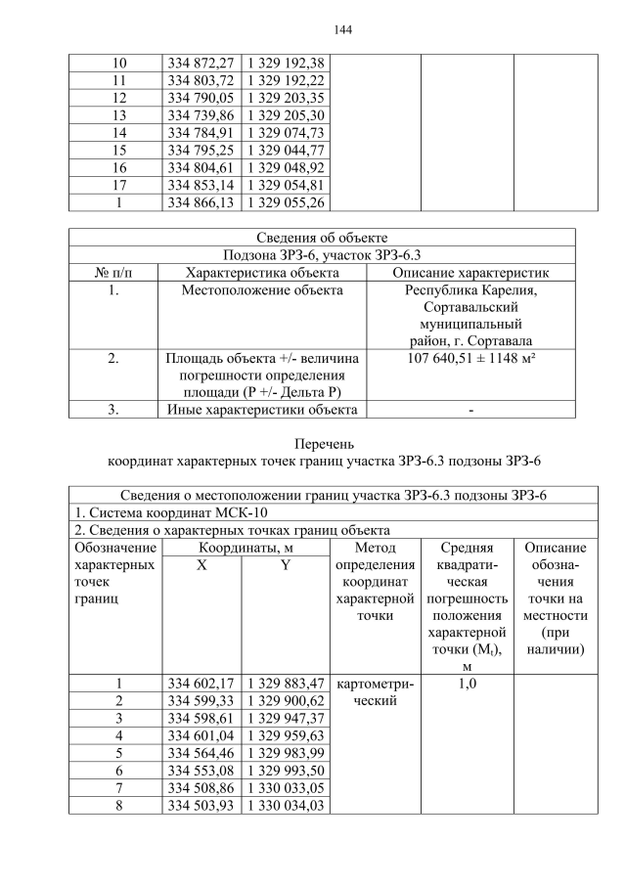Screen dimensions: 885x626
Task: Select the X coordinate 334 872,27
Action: coord(201,63)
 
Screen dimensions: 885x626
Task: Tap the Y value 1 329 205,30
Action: coord(285,115)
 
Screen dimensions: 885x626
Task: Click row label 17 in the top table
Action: coord(119,186)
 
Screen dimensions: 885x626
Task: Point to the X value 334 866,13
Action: coord(201,203)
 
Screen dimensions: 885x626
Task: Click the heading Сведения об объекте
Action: coord(322,238)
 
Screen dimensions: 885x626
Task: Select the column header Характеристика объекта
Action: coord(262,272)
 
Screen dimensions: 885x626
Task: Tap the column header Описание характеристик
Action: coord(470,272)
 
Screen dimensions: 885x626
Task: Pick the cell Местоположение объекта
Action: coord(262,290)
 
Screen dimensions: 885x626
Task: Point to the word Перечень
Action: coord(322,443)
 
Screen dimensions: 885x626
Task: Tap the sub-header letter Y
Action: coord(285,566)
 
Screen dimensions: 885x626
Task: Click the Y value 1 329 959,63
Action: coord(285,735)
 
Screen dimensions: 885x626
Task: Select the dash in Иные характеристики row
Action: coord(470,410)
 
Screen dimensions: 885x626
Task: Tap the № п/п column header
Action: coord(113,272)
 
